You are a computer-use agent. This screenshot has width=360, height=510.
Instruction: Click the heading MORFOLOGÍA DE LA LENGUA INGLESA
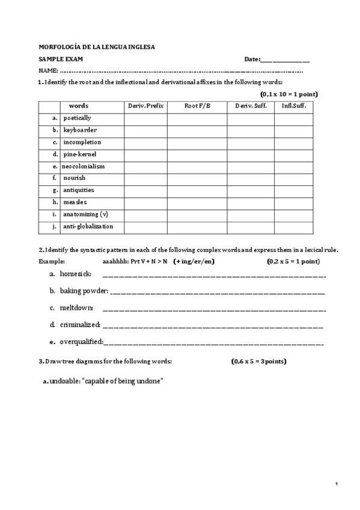tap(96, 47)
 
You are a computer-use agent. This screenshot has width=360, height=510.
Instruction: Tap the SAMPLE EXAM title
tap(61, 59)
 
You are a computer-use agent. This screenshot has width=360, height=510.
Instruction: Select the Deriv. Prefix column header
tap(145, 106)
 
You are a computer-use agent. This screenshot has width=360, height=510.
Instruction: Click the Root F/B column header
tap(197, 106)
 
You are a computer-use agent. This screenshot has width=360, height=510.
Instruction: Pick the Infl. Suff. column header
tap(293, 106)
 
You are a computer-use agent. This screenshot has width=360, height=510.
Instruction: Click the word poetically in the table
tap(78, 118)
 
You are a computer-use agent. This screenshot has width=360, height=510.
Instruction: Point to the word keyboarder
tap(80, 130)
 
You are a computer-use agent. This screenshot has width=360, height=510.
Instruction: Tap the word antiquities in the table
tap(79, 190)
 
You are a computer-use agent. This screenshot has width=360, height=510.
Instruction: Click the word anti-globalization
tap(88, 226)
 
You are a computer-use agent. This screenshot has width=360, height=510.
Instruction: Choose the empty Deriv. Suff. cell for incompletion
tap(251, 143)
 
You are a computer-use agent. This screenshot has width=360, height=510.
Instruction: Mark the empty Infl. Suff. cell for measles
tap(293, 203)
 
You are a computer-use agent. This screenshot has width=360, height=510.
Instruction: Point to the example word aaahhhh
tap(115, 262)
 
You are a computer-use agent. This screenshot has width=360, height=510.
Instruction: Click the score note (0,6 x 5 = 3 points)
tap(258, 361)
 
